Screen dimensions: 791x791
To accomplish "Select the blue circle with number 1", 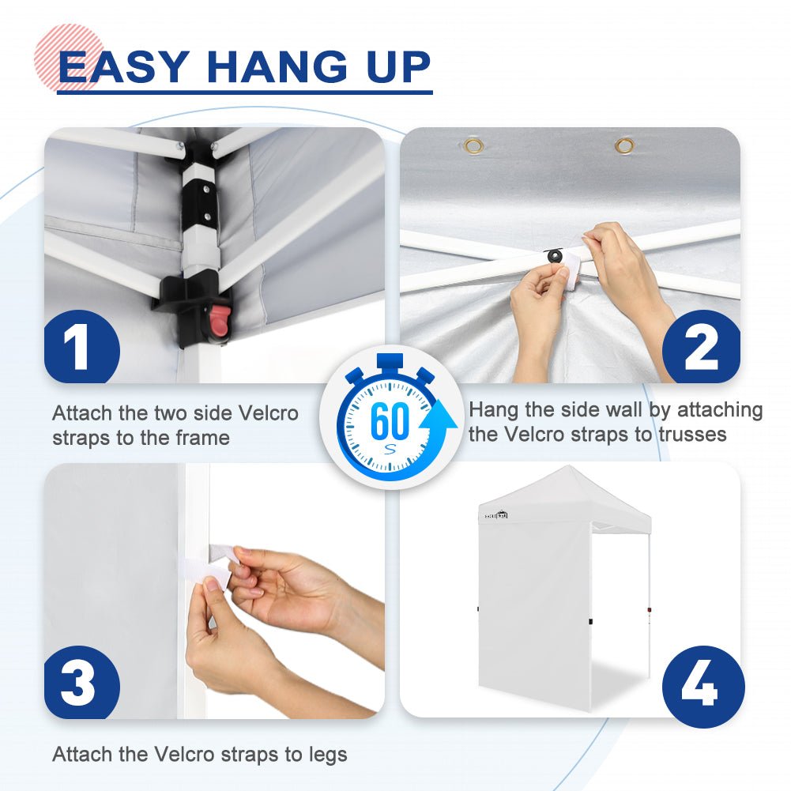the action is pyautogui.click(x=81, y=347).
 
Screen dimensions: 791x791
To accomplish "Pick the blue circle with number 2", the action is pyautogui.click(x=701, y=347).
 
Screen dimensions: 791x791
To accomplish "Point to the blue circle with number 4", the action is pyautogui.click(x=703, y=687).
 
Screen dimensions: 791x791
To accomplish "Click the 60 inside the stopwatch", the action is pyautogui.click(x=389, y=420).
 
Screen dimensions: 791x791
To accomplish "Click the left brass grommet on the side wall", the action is pyautogui.click(x=473, y=146).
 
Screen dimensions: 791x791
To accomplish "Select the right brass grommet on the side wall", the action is pyautogui.click(x=624, y=145).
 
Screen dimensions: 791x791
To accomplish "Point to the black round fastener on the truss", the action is pyautogui.click(x=556, y=256).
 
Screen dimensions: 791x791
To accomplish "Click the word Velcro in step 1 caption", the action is pyautogui.click(x=268, y=413).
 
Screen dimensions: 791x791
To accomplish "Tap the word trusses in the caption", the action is pyautogui.click(x=693, y=434).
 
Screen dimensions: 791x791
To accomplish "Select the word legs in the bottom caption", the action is pyautogui.click(x=329, y=755).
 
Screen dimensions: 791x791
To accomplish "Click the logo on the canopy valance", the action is pyautogui.click(x=496, y=515).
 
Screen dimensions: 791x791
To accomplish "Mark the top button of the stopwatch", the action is pyautogui.click(x=390, y=362).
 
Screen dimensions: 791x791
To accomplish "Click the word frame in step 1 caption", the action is pyautogui.click(x=202, y=437).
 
